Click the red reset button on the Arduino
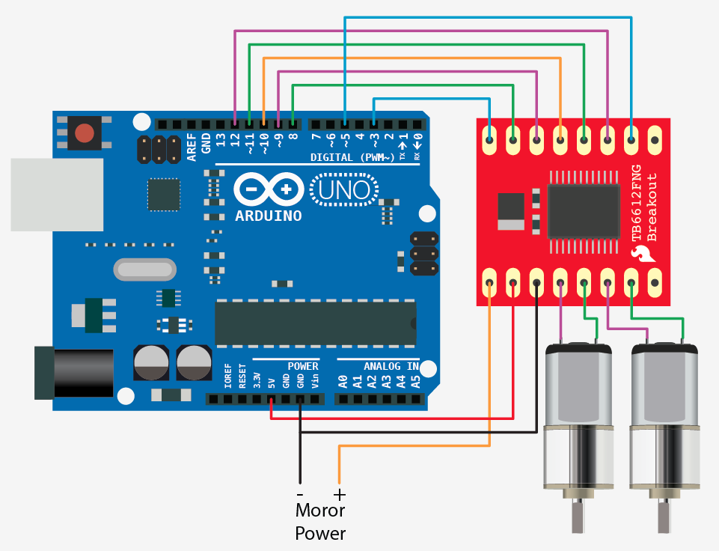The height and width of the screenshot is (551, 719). coord(85,133)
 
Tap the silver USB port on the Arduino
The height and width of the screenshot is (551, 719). coord(56,195)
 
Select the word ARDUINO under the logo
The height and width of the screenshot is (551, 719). coord(269,216)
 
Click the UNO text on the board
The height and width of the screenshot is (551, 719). coord(345,189)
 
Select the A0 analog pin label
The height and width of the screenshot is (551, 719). coord(343,380)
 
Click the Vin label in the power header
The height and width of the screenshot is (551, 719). coord(314,380)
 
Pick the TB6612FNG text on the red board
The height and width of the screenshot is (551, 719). coord(637,202)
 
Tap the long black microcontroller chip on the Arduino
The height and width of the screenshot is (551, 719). coord(315,323)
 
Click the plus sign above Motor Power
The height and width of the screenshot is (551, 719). coord(340,495)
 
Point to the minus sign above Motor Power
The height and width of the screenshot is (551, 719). coord(300,495)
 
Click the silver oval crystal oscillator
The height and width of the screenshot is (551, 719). coord(145,269)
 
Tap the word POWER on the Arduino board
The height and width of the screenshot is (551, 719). coord(303,366)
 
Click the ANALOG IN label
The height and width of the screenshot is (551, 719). coord(391,366)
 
